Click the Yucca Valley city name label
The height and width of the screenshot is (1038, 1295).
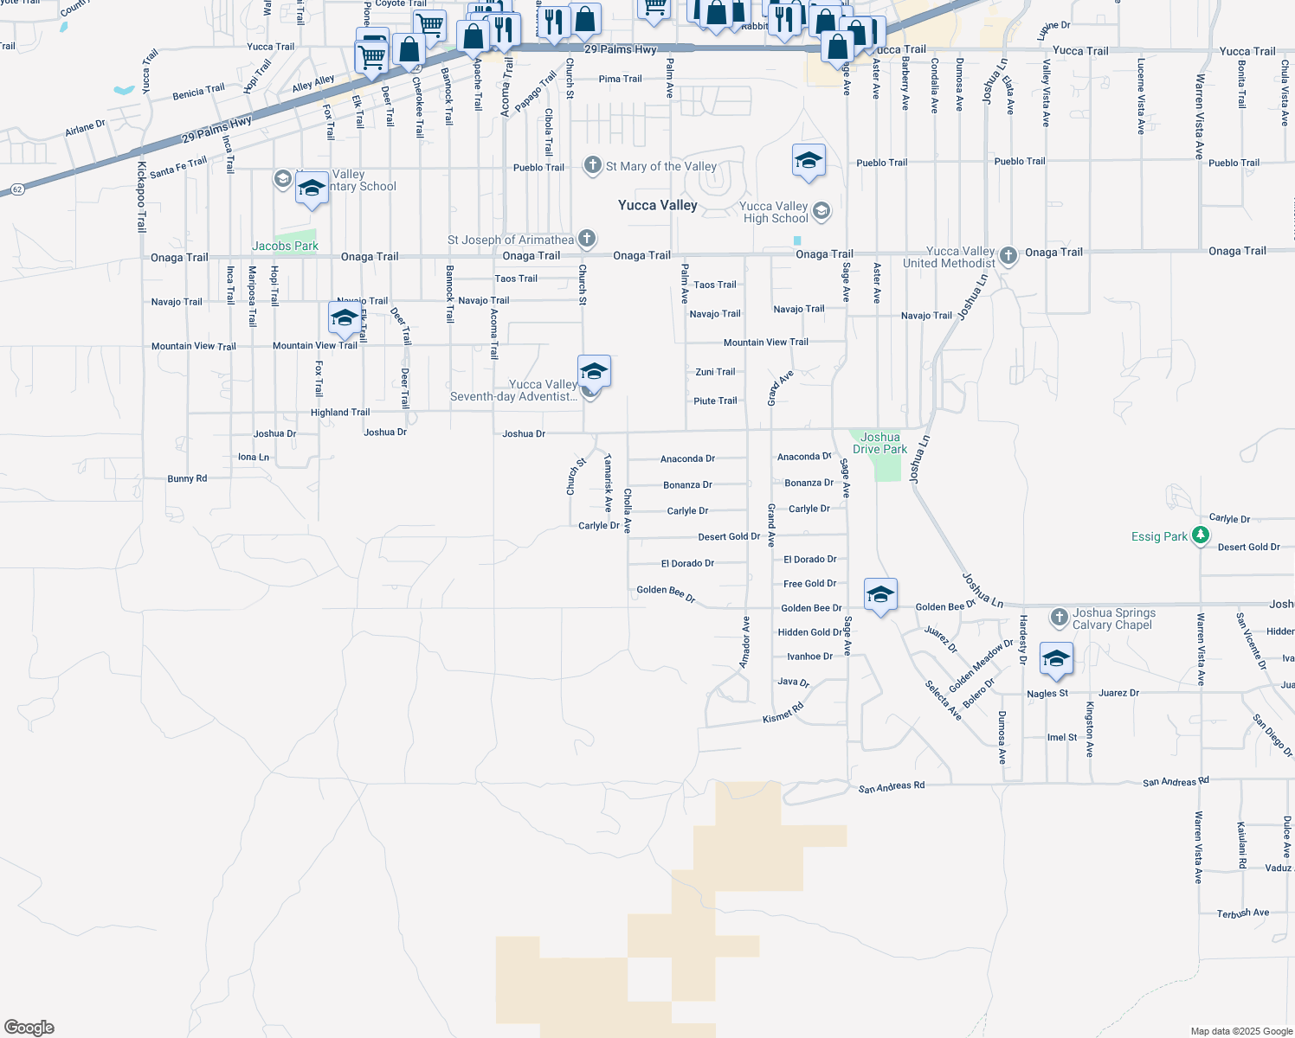[x=657, y=205]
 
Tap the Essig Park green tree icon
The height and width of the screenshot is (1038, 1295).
[x=1200, y=535]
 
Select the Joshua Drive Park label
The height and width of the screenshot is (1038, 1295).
[x=879, y=443]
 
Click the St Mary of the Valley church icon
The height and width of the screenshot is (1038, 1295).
[x=592, y=165]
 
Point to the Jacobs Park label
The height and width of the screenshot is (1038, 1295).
[x=285, y=246]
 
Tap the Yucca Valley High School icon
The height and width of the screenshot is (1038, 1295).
[x=821, y=210]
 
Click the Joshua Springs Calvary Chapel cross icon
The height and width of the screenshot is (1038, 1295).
[x=1059, y=617]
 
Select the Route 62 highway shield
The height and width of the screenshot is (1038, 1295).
[x=17, y=189]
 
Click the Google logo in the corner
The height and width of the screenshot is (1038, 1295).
[x=29, y=1028]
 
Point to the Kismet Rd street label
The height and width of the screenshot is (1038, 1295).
[x=783, y=713]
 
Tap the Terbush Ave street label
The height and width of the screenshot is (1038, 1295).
[x=1242, y=913]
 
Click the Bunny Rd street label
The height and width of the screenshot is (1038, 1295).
[x=187, y=478]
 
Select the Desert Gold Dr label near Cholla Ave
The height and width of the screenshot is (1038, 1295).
[x=729, y=536]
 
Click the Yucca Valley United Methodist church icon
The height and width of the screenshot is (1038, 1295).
[x=1008, y=255]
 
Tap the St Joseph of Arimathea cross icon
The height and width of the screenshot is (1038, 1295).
[x=586, y=238]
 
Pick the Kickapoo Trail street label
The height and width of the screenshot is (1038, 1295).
[x=142, y=196]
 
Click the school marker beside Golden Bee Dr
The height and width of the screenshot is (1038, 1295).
[x=880, y=594]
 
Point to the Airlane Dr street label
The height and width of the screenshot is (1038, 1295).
[x=85, y=128]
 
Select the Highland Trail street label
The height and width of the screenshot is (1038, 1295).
[x=340, y=413]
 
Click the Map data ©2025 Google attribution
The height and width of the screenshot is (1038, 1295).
[x=1240, y=1031]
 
